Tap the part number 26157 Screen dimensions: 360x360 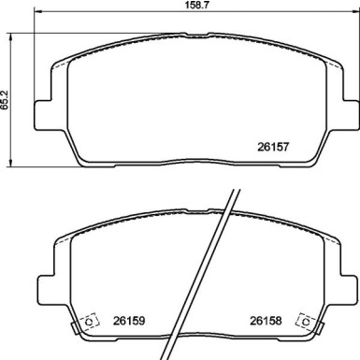tap(273, 145)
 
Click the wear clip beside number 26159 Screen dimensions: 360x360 tap(90, 320)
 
